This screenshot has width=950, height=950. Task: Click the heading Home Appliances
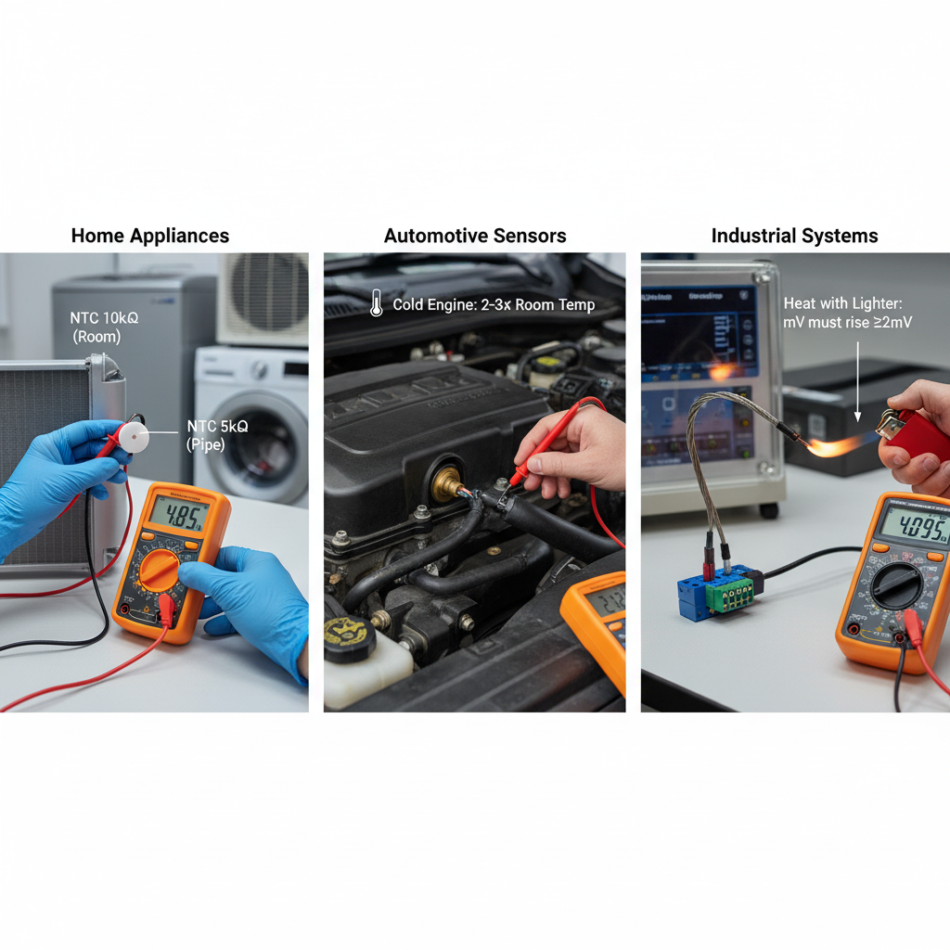pos(150,236)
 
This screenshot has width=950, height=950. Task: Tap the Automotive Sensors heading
pos(475,236)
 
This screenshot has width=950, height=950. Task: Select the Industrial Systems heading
pos(794,236)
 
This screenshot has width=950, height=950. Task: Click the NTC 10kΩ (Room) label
pos(104,327)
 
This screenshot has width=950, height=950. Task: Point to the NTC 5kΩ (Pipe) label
pos(215,435)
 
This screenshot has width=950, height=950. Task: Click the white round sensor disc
pos(135,437)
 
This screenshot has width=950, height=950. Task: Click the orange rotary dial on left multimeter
pos(160,569)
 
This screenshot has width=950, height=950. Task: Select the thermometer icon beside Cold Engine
pos(376,303)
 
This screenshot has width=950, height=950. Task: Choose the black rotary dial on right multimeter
pos(896,585)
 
